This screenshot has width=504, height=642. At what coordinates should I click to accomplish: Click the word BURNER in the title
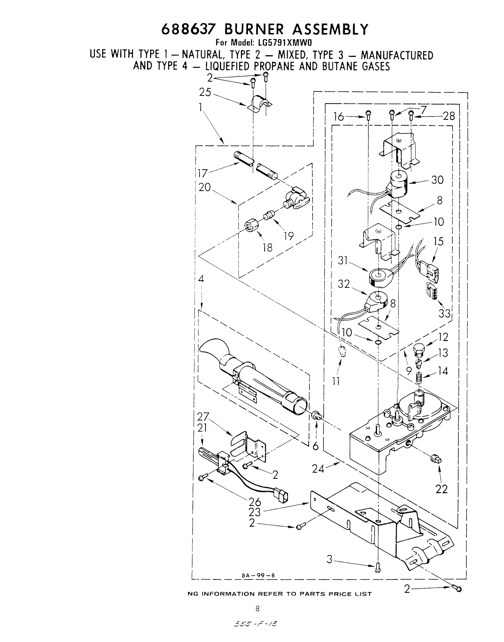pos(254,29)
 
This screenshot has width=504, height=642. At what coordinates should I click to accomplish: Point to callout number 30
pos(437,179)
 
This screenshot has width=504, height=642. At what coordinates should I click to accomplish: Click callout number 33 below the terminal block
pos(444,313)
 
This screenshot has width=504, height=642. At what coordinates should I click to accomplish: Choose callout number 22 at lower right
pos(442,489)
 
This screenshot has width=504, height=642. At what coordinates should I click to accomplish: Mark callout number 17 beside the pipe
pos(203,173)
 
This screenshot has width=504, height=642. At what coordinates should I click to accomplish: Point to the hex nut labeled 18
pos(253,227)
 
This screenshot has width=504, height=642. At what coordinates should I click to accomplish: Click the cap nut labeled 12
pos(419,350)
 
